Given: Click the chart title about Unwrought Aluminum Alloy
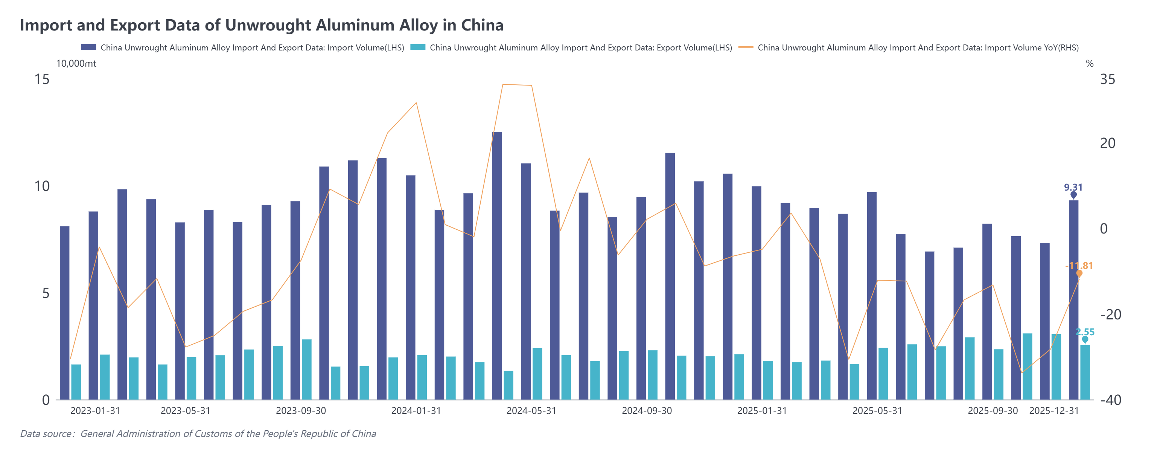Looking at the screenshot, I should (x=261, y=25).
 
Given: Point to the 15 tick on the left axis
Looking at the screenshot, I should (x=42, y=79).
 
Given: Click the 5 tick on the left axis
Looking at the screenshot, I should (x=46, y=293).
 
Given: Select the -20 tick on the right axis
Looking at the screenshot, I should (x=1110, y=314).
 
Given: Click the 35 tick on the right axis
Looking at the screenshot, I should (x=1107, y=79).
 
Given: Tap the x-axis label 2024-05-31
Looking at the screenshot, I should (x=531, y=411).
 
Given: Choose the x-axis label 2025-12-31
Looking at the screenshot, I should (x=1054, y=411).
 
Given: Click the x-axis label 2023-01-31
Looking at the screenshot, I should (x=95, y=411).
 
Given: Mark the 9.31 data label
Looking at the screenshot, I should (x=1073, y=187).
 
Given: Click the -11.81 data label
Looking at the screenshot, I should (x=1079, y=266).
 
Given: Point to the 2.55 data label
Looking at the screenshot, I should (x=1085, y=332).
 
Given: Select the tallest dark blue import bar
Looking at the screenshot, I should (x=497, y=266).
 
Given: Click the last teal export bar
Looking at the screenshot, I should (x=1085, y=372).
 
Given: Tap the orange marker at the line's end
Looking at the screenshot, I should (x=1079, y=273).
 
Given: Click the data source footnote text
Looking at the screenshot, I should (x=198, y=434).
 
